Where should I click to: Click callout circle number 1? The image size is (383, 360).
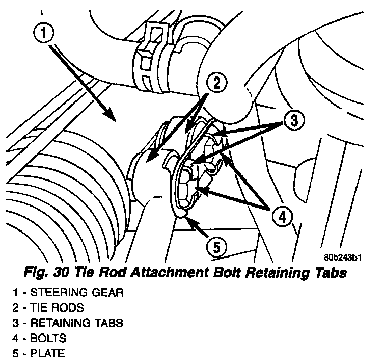click(44, 33)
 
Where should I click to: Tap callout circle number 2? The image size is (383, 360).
click(216, 83)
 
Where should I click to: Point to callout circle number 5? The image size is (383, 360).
click(216, 247)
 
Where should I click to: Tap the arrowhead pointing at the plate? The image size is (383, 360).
click(188, 219)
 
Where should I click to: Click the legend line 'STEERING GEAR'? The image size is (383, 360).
click(77, 293)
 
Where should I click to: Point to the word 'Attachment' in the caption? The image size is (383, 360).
click(162, 273)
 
